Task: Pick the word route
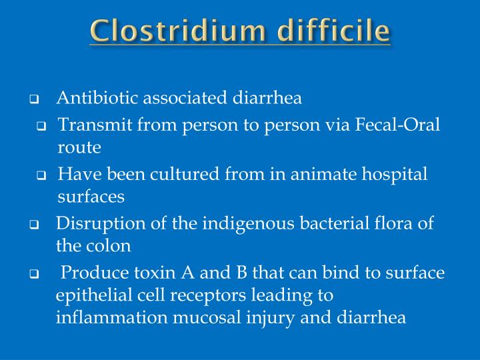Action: point(79,147)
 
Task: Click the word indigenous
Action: point(243,223)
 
